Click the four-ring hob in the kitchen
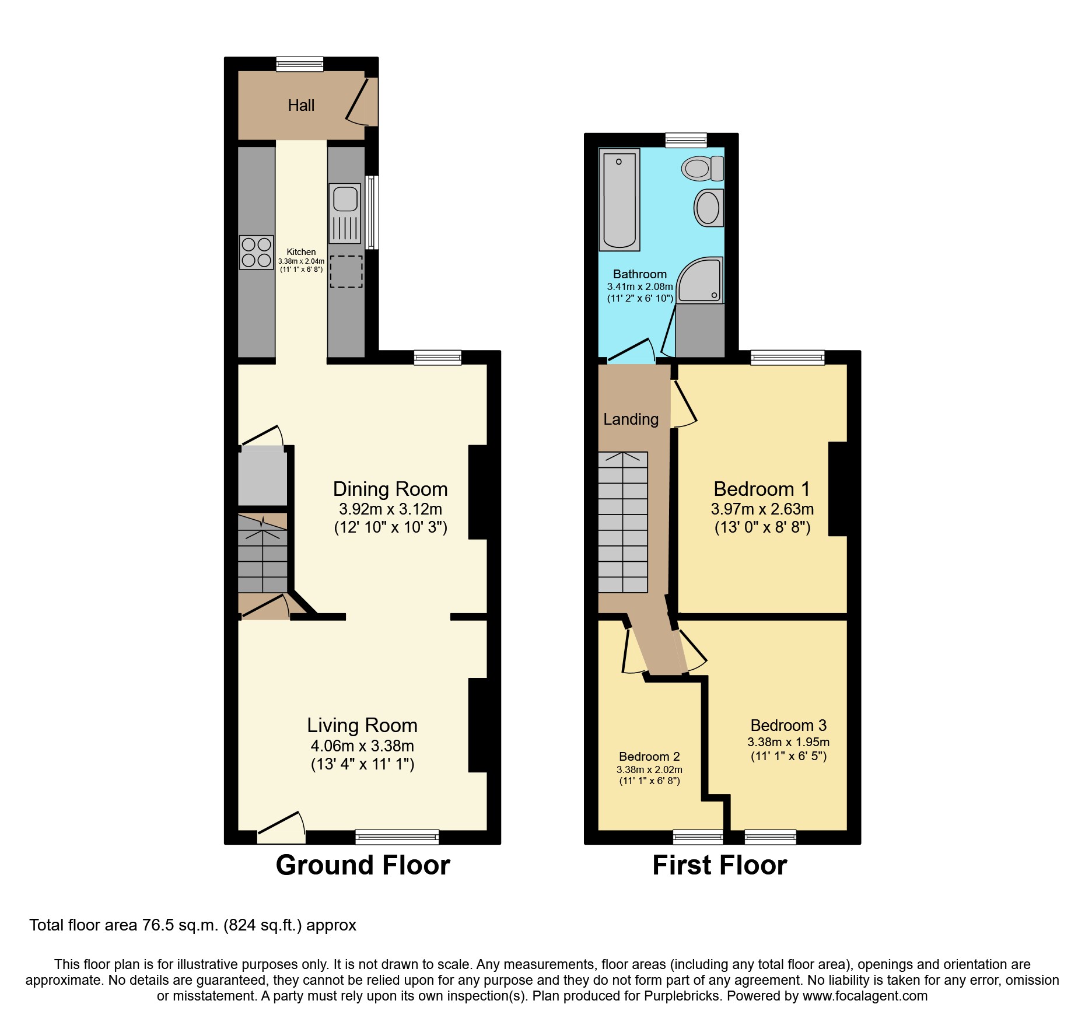click(x=256, y=252)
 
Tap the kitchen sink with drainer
click(x=345, y=213)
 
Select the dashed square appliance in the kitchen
click(x=346, y=271)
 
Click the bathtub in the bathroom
click(x=619, y=199)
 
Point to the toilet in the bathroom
click(x=702, y=169)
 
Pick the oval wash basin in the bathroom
click(x=708, y=208)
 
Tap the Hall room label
click(x=301, y=106)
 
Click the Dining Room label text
click(x=390, y=489)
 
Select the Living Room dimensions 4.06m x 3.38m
click(x=362, y=746)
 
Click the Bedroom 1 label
click(x=762, y=489)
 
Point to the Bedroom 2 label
click(x=649, y=757)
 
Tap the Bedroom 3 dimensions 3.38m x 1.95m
click(x=788, y=742)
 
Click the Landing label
click(x=631, y=419)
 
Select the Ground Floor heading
click(x=363, y=865)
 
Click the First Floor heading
click(x=719, y=865)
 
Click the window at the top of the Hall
click(x=299, y=64)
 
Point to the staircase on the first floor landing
click(x=623, y=522)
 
